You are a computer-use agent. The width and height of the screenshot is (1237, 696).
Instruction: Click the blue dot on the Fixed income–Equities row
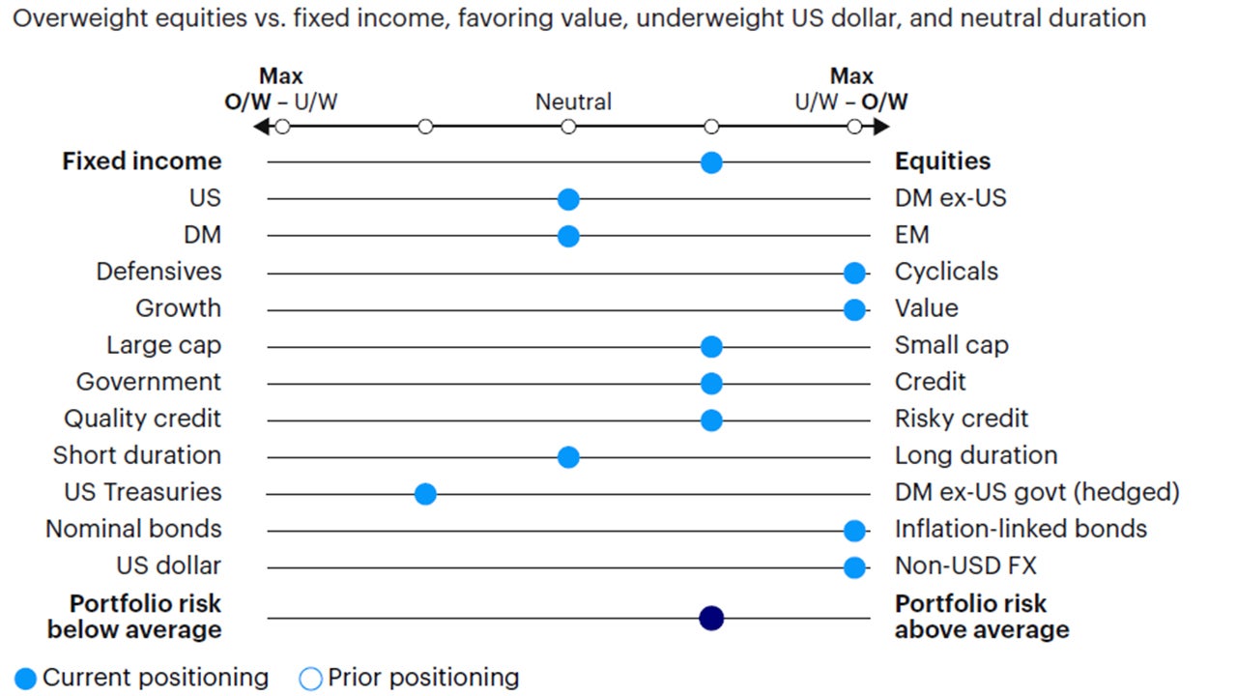(x=711, y=162)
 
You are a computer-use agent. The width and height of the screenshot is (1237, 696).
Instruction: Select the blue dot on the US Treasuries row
(x=425, y=494)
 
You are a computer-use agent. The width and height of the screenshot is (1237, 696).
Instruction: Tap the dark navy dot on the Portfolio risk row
(x=711, y=618)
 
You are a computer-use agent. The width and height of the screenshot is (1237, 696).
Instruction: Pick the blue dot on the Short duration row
(x=568, y=457)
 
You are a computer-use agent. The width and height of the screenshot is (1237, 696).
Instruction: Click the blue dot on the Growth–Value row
(x=854, y=309)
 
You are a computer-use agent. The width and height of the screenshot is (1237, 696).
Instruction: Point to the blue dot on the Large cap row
(x=711, y=347)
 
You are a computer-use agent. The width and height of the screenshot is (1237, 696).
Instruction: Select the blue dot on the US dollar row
(x=854, y=567)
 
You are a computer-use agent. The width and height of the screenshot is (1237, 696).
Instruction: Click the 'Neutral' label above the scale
(x=573, y=101)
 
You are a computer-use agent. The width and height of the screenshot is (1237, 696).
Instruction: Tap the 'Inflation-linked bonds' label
(x=1021, y=529)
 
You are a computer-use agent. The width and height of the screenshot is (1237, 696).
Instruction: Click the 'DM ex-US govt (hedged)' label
(x=1037, y=492)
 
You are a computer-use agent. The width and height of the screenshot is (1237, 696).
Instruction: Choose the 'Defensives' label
(x=158, y=272)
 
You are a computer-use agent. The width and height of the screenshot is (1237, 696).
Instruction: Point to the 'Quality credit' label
(x=142, y=419)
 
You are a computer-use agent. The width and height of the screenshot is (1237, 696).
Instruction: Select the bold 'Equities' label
(x=942, y=161)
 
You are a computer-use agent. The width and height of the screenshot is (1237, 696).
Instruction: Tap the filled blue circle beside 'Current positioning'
(x=26, y=679)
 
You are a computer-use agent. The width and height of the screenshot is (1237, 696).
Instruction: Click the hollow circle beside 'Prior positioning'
(x=310, y=679)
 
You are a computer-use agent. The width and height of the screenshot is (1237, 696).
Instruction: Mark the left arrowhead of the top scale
(x=260, y=127)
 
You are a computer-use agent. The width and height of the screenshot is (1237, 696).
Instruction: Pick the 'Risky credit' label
(x=962, y=419)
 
